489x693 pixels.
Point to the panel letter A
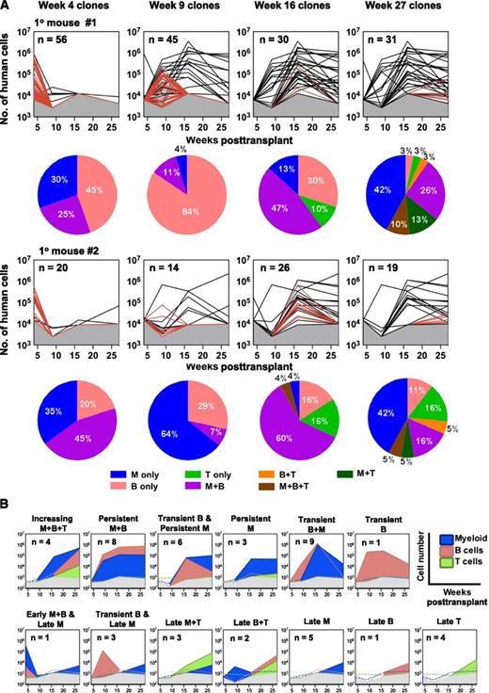[x=8, y=7]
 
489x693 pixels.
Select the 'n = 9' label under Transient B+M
[x=313, y=543]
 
